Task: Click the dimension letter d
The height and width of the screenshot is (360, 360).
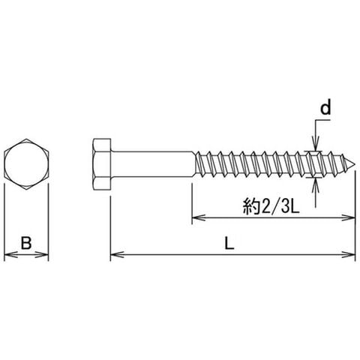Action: [325, 107]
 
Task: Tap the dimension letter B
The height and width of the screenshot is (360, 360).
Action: [26, 242]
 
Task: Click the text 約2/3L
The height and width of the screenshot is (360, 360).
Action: [271, 205]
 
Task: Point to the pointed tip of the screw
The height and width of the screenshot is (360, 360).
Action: [355, 164]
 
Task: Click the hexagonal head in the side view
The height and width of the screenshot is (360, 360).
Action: [102, 164]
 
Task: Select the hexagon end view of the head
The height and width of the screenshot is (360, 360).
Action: [26, 164]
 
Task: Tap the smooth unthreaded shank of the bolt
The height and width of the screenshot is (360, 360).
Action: [152, 164]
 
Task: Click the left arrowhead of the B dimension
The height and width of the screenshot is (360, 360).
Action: [11, 255]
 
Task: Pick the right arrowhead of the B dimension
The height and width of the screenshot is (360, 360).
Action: [42, 255]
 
